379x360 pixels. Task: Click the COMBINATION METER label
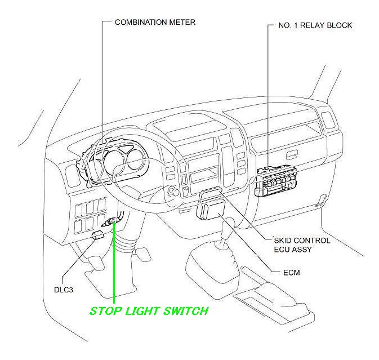(x=155, y=23)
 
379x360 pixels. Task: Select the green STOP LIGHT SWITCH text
(x=149, y=311)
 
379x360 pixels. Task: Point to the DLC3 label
(x=57, y=291)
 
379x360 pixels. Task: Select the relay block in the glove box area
(x=276, y=181)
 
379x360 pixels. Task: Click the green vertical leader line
(x=114, y=265)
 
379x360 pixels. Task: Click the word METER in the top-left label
(x=182, y=23)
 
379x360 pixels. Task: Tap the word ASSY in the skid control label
(x=302, y=249)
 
